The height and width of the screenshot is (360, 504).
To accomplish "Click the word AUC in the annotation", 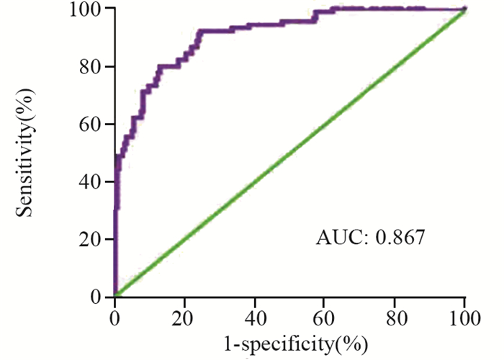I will [336, 238].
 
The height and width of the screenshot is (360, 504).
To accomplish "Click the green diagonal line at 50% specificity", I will [290, 153].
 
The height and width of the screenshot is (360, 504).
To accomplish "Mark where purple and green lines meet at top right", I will [464, 9].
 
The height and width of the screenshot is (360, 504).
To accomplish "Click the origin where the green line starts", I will [115, 296].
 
